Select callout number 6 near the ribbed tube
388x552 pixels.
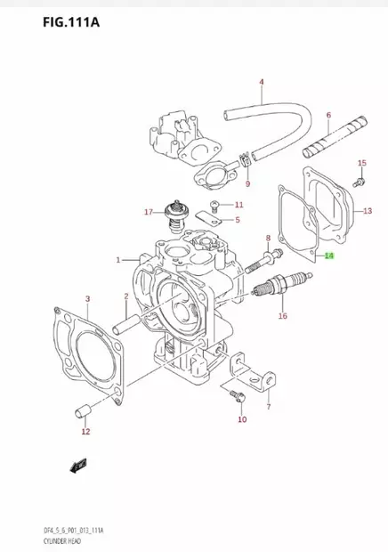(x=328, y=115)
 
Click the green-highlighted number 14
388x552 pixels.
(x=329, y=256)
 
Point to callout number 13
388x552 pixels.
(x=367, y=211)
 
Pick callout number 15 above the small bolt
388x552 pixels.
(x=361, y=163)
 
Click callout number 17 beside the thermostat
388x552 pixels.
(x=150, y=212)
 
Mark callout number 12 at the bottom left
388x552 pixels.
(x=85, y=433)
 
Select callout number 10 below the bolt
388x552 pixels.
(x=241, y=419)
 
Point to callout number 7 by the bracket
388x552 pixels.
(x=268, y=407)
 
